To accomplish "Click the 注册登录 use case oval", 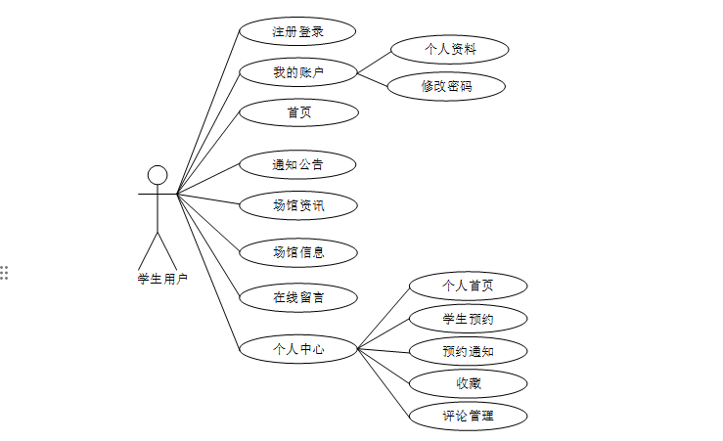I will tap(298, 32).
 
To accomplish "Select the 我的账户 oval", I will tap(298, 71).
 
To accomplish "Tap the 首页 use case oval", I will tap(298, 112).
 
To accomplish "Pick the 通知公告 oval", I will tap(298, 164).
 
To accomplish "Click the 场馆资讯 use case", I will tap(298, 205).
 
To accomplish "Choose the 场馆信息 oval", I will tap(298, 252).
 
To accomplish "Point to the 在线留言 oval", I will tap(298, 296).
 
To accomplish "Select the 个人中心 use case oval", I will tap(298, 348).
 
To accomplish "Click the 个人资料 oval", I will tap(448, 48).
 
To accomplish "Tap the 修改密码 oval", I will tap(448, 86).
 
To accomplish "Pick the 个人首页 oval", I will tap(469, 286).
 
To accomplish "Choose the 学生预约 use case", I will tap(469, 319).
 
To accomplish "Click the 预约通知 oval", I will tap(469, 351).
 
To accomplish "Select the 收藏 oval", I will tap(469, 382).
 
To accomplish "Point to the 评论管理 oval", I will tap(469, 416).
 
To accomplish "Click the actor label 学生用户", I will tap(162, 279).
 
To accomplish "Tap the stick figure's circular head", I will tap(158, 175).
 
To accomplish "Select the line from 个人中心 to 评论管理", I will tap(384, 381).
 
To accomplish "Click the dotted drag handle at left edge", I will tap(5, 272).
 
